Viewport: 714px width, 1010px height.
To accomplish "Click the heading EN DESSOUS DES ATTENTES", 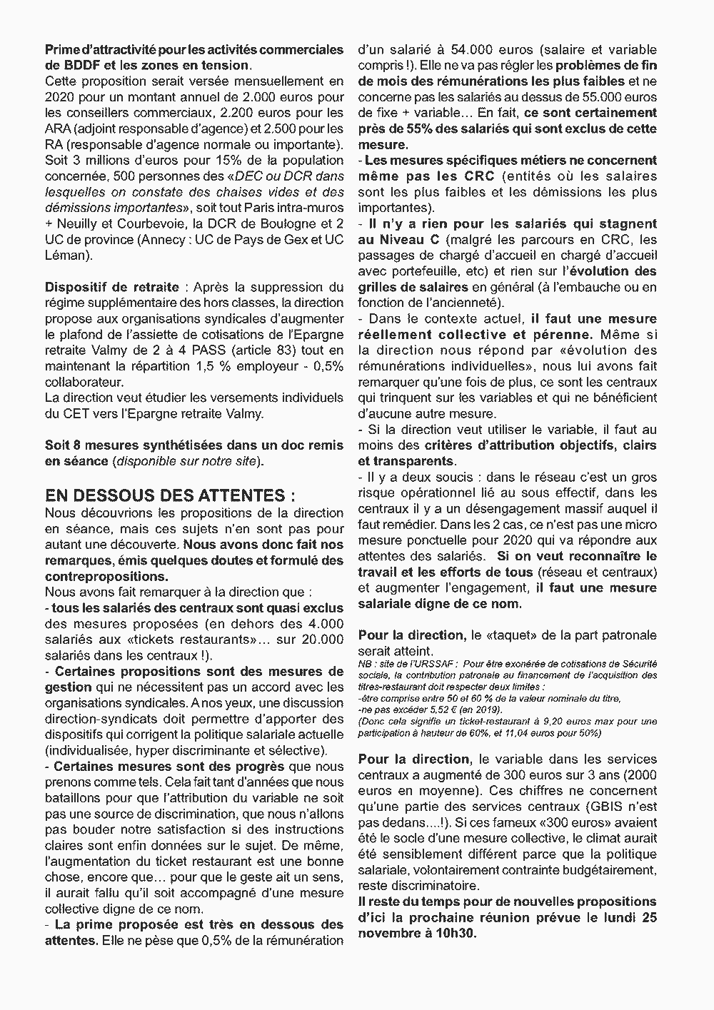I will (x=170, y=495).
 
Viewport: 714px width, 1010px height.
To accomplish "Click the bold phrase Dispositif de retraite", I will (x=112, y=287).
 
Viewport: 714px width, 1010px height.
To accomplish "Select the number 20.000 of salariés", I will (x=322, y=640).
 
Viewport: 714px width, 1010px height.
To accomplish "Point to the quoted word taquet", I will (x=504, y=635).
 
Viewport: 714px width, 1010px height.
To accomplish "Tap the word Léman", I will (x=65, y=255).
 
